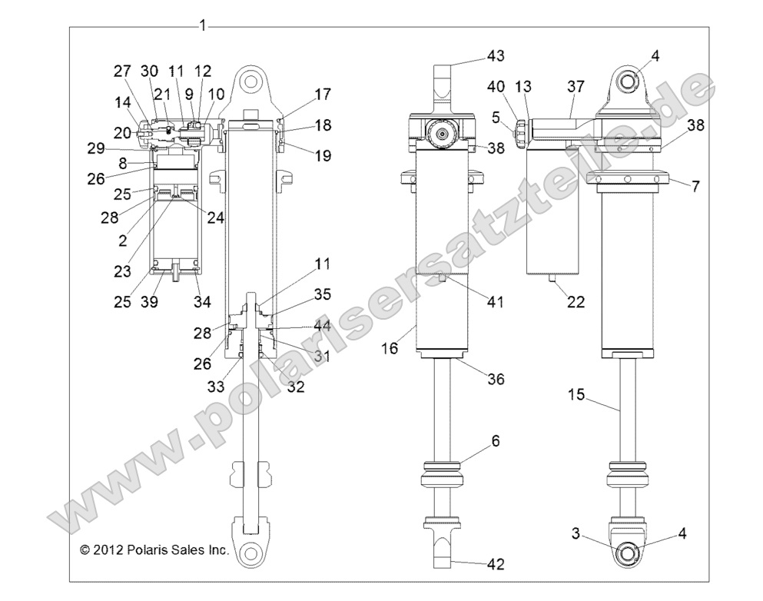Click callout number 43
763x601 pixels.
click(496, 55)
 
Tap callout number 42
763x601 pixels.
click(496, 565)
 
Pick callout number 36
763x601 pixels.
click(496, 380)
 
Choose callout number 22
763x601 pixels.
click(576, 303)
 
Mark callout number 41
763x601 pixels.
click(496, 303)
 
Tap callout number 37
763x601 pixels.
click(576, 87)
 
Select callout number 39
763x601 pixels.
click(149, 303)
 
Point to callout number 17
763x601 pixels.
click(322, 95)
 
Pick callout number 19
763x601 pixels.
click(322, 156)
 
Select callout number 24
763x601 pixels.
click(215, 217)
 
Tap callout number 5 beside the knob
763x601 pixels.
click(496, 118)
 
